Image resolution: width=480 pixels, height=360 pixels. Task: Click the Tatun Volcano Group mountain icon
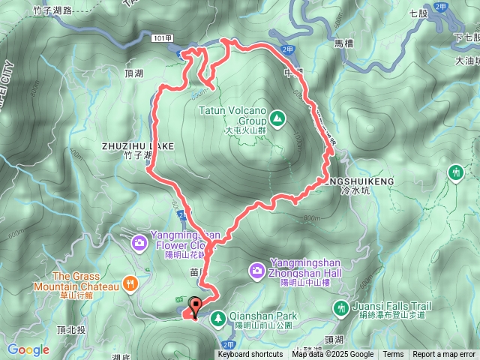(277, 117)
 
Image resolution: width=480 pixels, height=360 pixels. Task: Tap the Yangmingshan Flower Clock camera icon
(139, 241)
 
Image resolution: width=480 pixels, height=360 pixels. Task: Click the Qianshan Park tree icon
(218, 317)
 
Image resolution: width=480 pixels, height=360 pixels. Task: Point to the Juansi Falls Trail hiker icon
(341, 307)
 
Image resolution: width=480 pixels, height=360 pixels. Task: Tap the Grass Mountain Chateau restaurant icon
(131, 283)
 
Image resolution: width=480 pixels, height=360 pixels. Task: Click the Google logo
(28, 349)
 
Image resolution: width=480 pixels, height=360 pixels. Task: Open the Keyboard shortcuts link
(250, 355)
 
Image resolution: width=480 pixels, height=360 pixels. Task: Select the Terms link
(393, 355)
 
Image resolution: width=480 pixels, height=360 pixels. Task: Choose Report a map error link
(444, 355)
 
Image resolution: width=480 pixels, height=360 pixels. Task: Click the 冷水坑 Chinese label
(350, 191)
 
